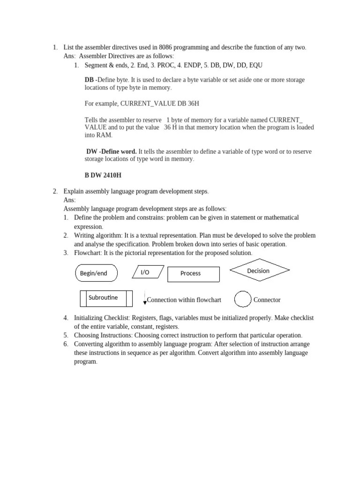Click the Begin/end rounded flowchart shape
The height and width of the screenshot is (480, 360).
96,273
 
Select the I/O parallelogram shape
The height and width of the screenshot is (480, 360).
148,272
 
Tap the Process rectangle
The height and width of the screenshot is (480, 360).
193,274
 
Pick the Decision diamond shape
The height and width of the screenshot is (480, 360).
259,270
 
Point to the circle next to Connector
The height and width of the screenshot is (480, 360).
242,300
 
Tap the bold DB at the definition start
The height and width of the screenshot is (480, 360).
89,80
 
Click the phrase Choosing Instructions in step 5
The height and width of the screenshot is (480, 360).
103,335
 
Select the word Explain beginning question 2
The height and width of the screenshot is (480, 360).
74,191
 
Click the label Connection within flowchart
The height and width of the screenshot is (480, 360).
184,300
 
